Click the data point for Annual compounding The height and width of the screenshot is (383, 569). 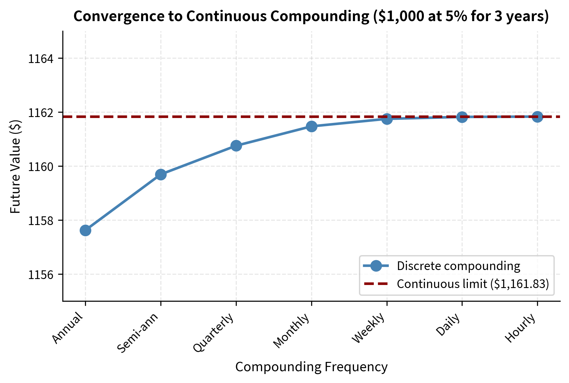click(x=85, y=230)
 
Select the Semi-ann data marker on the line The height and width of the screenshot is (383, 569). click(x=161, y=174)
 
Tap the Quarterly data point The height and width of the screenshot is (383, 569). click(x=236, y=146)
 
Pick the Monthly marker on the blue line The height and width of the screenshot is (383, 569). click(x=311, y=126)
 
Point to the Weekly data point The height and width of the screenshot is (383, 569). click(x=387, y=119)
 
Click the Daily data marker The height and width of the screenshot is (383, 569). click(x=462, y=117)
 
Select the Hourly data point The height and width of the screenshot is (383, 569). click(x=537, y=117)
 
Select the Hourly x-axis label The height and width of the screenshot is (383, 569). click(x=521, y=328)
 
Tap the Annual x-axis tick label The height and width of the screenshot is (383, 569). click(x=68, y=329)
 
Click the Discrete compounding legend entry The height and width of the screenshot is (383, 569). click(x=458, y=266)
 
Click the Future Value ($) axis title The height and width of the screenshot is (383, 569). click(x=16, y=166)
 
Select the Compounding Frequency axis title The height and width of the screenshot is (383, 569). click(x=311, y=367)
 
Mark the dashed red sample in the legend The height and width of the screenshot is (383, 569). click(x=376, y=284)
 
